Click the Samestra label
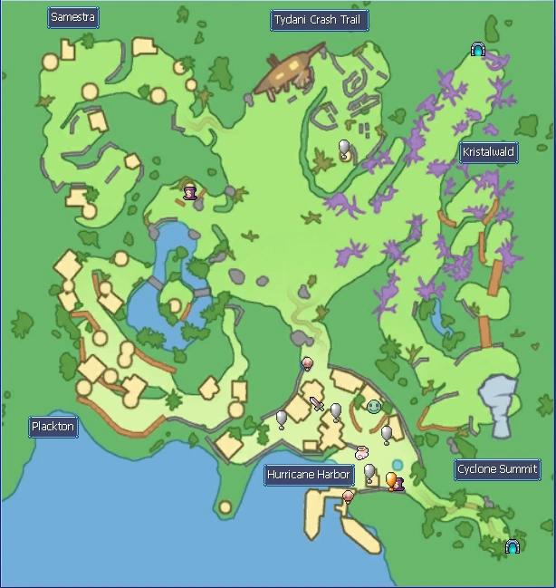pos(73,17)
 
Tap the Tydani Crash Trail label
pos(320,21)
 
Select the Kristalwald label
pos(488,152)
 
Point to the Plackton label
pos(53,427)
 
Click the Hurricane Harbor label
pos(308,475)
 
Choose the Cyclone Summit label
pos(497,469)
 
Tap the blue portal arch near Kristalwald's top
pos(478,50)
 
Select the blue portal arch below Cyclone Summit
pos(513,546)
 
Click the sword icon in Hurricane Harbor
pos(317,404)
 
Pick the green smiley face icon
pos(374,406)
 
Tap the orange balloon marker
pos(391,479)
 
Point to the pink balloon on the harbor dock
pos(348,496)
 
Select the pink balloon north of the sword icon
pos(307,363)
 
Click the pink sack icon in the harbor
pos(361,452)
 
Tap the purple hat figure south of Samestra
pos(190,191)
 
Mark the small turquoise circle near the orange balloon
pos(397,466)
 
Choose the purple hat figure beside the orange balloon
pos(398,484)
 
